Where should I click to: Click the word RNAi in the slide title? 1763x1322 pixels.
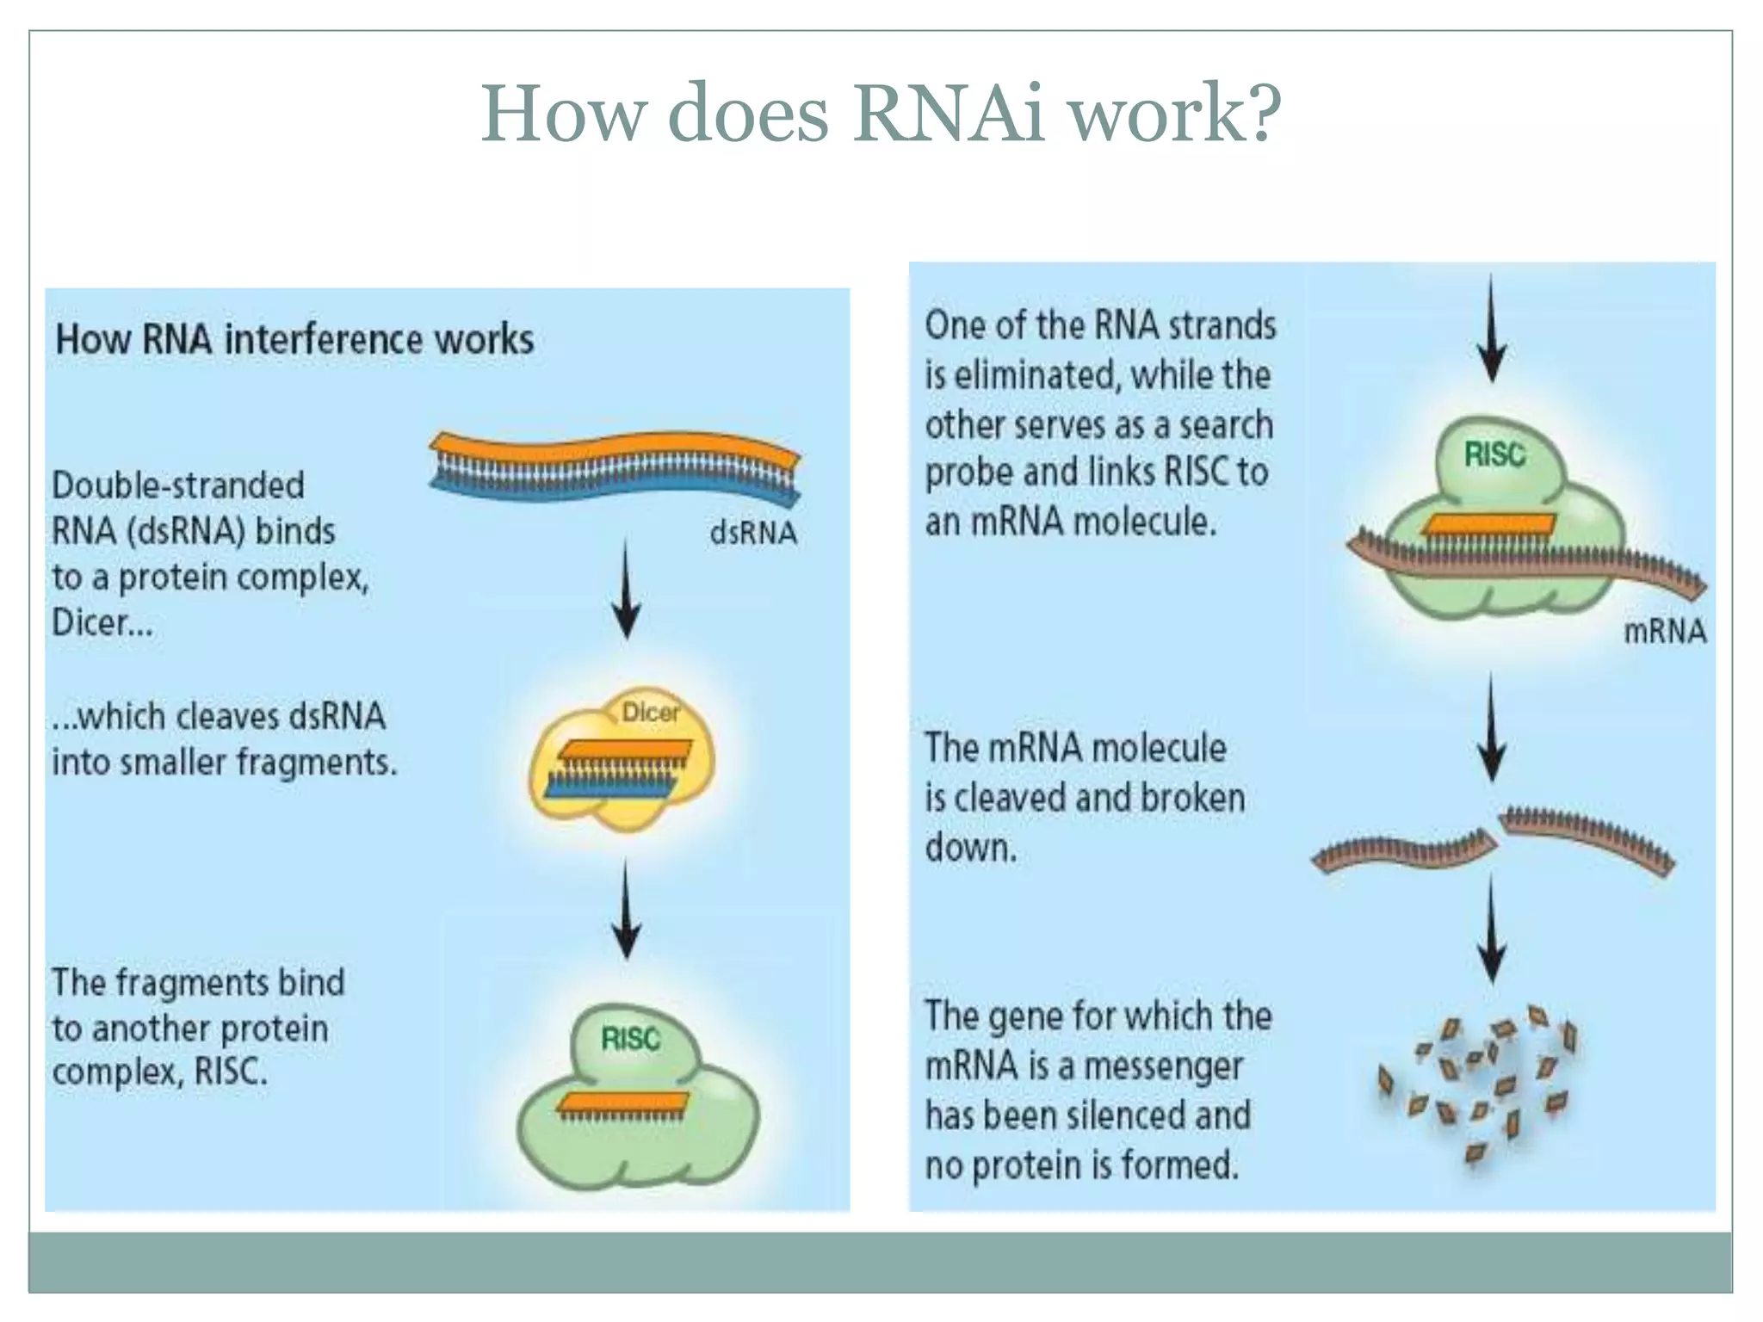point(948,114)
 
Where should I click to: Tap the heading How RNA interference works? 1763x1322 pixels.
point(294,339)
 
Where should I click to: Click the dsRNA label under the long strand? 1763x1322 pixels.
point(753,533)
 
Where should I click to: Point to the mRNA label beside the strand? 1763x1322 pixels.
point(1664,632)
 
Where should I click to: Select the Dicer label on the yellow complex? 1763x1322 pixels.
point(650,713)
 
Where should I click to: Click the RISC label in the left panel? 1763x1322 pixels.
point(630,1039)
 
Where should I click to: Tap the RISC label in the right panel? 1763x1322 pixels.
point(1494,454)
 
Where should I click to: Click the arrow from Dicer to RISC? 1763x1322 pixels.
point(626,912)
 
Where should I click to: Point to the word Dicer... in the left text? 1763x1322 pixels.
point(102,622)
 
